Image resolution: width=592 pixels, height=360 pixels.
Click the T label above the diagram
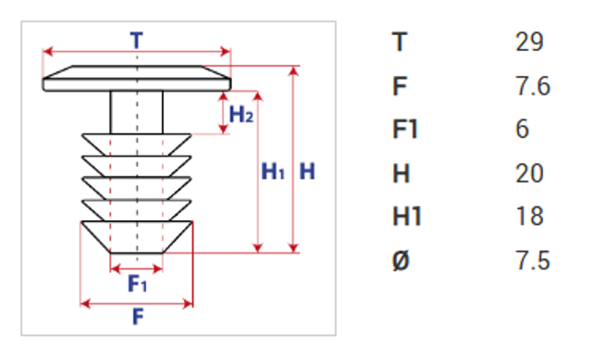(137, 40)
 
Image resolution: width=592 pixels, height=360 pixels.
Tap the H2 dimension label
(241, 114)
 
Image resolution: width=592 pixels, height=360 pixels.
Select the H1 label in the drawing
(273, 171)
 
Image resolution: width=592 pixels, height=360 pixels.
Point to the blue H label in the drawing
(307, 171)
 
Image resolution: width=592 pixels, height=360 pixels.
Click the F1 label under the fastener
(138, 283)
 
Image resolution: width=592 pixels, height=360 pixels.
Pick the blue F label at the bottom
(138, 317)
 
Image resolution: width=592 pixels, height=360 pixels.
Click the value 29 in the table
(529, 42)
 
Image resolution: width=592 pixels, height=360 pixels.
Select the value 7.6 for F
(533, 86)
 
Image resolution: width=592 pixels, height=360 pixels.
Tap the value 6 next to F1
(522, 129)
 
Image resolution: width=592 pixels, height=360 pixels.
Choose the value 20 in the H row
(529, 173)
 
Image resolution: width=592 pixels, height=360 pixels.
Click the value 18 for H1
(530, 216)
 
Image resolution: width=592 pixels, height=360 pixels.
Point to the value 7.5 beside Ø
(533, 261)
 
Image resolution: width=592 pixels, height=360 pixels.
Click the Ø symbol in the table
(401, 261)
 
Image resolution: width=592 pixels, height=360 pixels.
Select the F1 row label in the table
(405, 129)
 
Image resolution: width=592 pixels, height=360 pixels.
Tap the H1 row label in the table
(407, 216)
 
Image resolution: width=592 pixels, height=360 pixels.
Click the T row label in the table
(400, 42)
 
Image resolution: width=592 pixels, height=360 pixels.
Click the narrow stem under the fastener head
(137, 112)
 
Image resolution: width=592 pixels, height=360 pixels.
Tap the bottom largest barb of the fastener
(137, 237)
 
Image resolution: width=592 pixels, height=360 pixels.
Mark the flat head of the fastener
(137, 78)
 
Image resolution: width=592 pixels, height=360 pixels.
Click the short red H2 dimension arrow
(224, 113)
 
